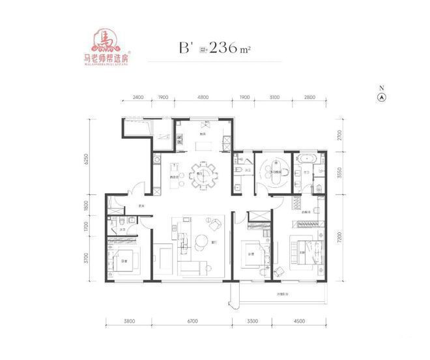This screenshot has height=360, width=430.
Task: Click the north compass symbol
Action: (x=382, y=97)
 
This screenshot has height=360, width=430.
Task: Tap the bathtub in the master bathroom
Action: (x=305, y=158)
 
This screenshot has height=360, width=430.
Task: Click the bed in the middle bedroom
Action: (x=252, y=252)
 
